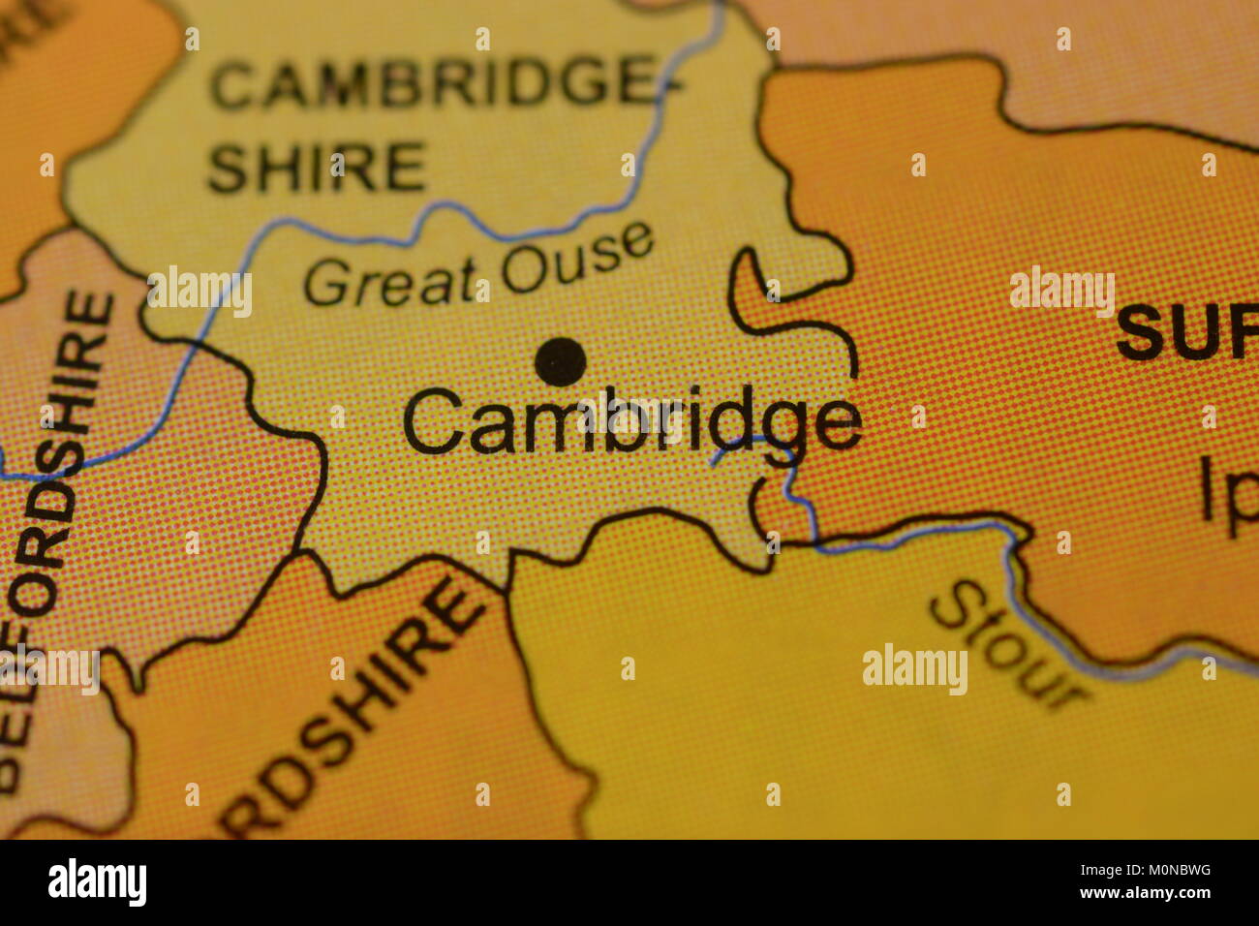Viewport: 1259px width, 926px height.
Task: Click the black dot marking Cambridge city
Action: [x=561, y=362]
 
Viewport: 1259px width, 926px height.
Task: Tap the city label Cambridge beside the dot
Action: [x=630, y=422]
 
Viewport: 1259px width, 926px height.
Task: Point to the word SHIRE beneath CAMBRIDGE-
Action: [x=317, y=167]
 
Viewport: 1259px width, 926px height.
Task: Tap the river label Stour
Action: [x=1007, y=643]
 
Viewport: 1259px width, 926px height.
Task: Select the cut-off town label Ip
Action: [x=1228, y=495]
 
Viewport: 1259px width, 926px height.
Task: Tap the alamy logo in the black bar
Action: [x=97, y=882]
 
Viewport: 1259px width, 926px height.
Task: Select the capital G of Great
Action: [x=326, y=285]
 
